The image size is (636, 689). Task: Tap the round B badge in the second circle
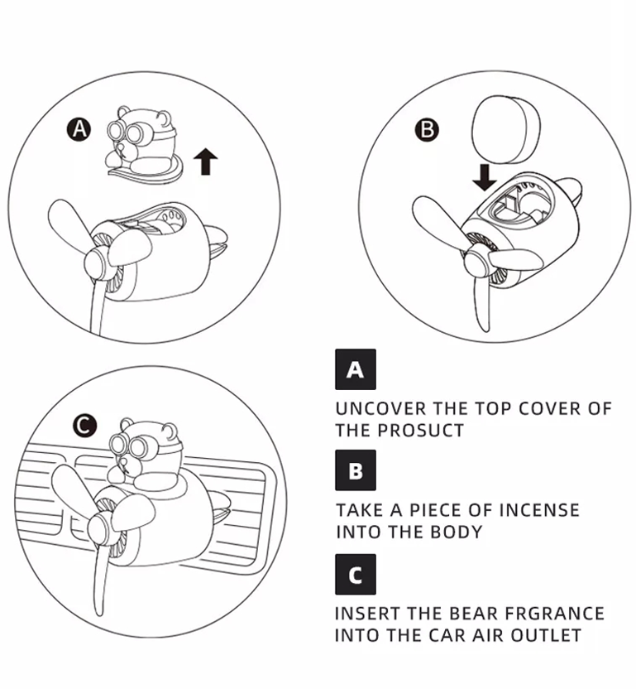(427, 130)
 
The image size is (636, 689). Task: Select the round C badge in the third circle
(84, 426)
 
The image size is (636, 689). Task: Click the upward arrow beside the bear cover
(205, 161)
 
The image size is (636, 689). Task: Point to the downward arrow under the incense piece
(485, 177)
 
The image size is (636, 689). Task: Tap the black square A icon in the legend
(356, 369)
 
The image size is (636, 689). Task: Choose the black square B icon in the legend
(356, 470)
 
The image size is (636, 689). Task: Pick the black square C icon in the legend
(356, 575)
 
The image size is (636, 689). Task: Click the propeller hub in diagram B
(476, 263)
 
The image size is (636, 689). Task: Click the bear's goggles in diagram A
(128, 131)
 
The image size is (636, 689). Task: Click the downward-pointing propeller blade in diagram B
(482, 303)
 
